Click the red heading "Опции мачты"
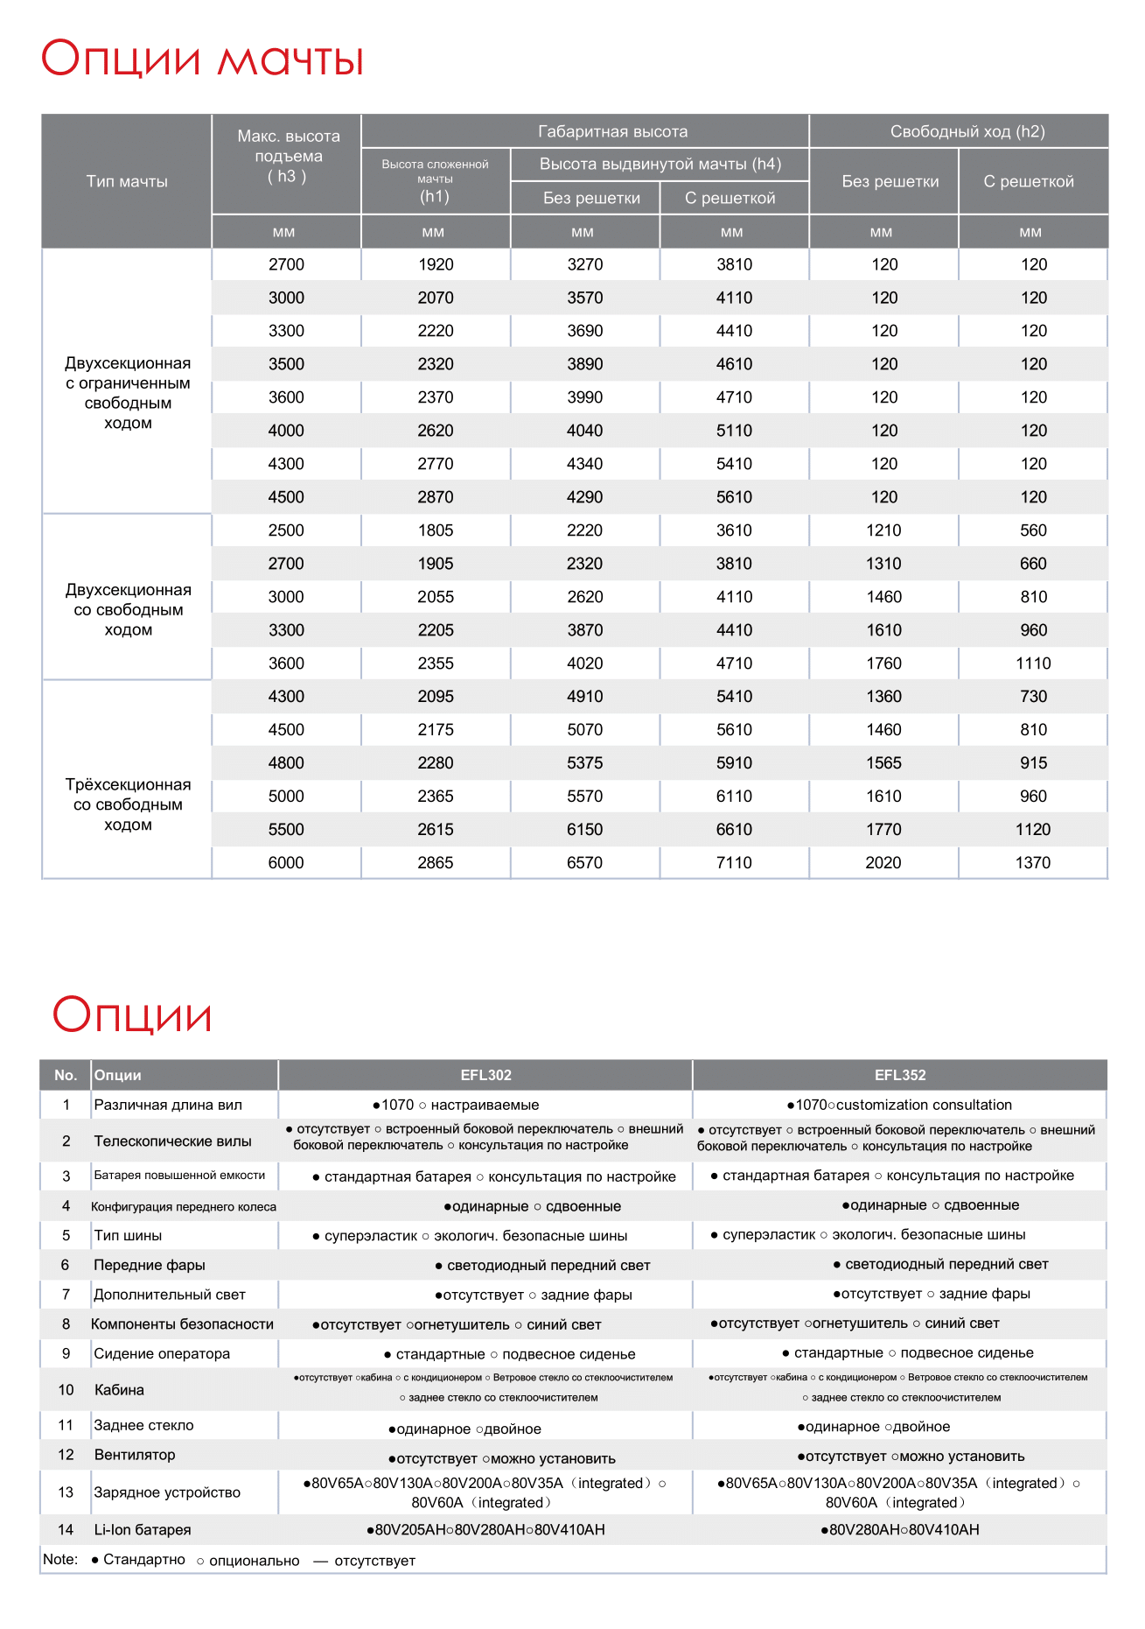[202, 60]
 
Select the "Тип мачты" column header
[127, 181]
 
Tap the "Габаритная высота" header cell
[612, 132]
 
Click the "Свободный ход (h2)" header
[967, 132]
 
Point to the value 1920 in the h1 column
[436, 264]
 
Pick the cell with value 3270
[585, 264]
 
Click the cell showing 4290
[585, 497]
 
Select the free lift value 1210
[883, 530]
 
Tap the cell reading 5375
[585, 763]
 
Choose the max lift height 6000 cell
[286, 863]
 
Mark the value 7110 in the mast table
[734, 863]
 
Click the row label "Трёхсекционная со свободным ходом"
[128, 804]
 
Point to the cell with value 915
[1033, 763]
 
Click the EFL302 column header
[486, 1075]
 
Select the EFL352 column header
[900, 1075]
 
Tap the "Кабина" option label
[119, 1390]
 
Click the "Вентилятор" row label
[135, 1455]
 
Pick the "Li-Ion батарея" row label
[143, 1530]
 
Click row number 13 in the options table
[66, 1492]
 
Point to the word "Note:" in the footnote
[60, 1560]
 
